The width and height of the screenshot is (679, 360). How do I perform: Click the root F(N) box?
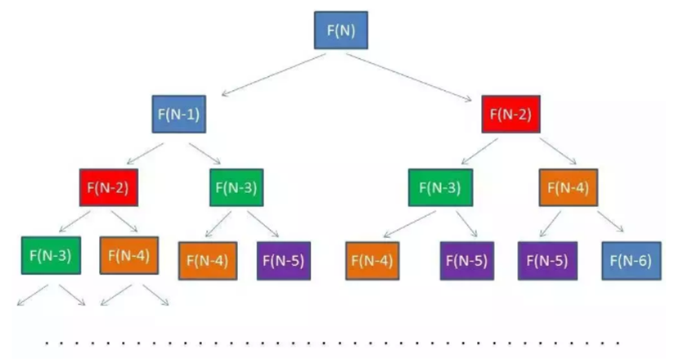pos(341,30)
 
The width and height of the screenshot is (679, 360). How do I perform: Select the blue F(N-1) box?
pos(179,115)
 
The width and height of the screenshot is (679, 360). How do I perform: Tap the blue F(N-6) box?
pos(632,261)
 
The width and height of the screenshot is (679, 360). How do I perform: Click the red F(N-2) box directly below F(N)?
pos(511,115)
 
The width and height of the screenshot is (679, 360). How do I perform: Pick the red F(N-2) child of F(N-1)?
pos(109,187)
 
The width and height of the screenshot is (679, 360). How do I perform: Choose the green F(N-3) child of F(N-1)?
pos(236,187)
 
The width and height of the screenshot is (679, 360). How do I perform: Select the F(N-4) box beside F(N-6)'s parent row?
pos(568,187)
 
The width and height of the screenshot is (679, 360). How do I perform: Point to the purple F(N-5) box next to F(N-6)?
pos(547,261)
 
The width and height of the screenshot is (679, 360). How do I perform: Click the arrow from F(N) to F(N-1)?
pos(273,74)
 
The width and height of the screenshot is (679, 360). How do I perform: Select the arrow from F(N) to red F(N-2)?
pos(409,78)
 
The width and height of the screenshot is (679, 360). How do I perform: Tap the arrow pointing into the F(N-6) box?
pos(610,222)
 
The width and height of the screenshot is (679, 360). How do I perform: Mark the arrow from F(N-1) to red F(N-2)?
pos(145,154)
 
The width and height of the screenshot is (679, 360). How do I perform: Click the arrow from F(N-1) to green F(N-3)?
pos(205,154)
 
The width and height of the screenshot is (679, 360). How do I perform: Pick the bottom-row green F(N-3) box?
pos(51,255)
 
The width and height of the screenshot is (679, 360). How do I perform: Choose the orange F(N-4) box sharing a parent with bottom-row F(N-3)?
pos(129,255)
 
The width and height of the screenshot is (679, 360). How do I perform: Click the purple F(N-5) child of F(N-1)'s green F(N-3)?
pos(284,261)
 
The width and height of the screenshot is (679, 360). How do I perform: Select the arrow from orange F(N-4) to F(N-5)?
pos(550,224)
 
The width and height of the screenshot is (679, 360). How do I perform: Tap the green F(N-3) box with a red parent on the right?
pos(440,187)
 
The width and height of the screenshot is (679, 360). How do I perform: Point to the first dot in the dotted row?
pos(47,344)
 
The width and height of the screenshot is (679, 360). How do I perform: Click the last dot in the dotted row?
pos(618,344)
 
